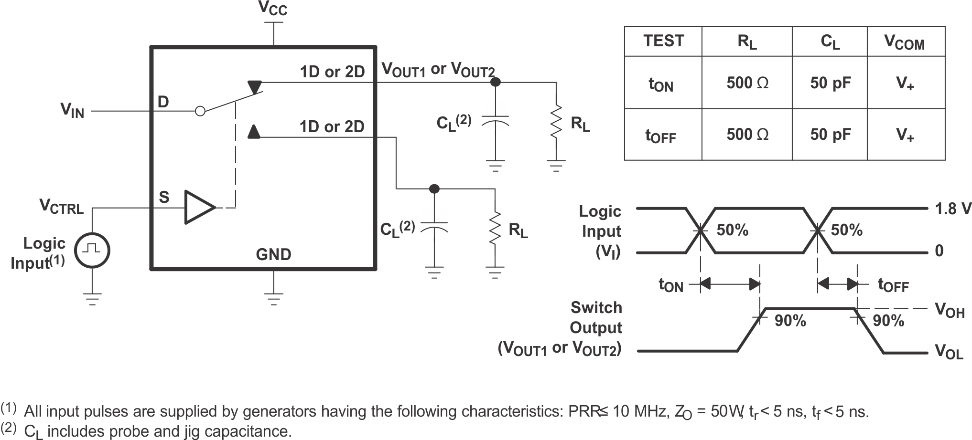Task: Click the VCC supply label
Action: pos(273,8)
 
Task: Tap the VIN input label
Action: pos(72,110)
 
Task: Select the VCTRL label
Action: pos(61,207)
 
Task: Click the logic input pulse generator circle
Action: pos(93,250)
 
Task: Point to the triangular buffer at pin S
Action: pos(198,207)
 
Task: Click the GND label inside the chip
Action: pos(273,254)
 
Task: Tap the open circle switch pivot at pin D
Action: pos(200,111)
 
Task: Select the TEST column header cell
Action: pos(663,42)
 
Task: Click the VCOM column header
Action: pos(905,42)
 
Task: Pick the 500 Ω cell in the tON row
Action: pos(747,83)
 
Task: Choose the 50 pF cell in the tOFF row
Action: pos(830,135)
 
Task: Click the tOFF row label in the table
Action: pos(661,136)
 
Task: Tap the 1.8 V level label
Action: pos(953,209)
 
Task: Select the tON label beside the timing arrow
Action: pos(671,285)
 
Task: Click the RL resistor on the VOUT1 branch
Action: pos(556,122)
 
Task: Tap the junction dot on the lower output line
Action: pos(434,189)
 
